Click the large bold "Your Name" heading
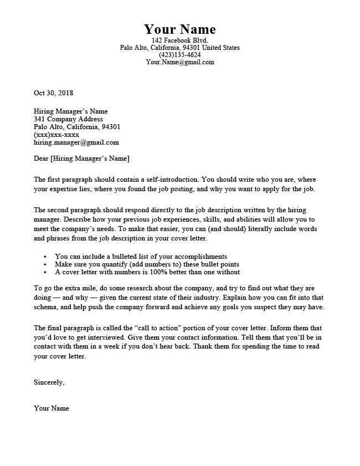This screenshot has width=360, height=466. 179,29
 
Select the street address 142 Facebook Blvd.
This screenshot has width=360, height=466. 179,41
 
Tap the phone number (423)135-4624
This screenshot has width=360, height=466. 179,55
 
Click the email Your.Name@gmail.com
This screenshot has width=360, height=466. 179,62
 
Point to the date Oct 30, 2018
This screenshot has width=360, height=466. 53,93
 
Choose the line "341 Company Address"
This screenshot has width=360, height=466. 68,119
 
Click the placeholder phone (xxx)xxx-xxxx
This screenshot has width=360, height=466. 56,135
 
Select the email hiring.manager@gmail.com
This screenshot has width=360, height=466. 76,142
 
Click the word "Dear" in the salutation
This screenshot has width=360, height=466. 41,159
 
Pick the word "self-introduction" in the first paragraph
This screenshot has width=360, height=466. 171,180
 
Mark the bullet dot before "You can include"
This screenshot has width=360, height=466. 44,257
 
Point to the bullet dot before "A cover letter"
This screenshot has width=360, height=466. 44,273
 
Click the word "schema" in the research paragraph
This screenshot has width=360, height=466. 47,308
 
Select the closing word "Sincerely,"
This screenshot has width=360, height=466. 49,382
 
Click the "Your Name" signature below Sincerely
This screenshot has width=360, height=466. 52,408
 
